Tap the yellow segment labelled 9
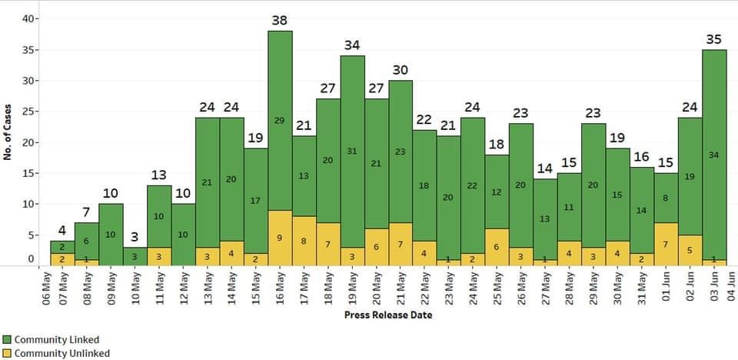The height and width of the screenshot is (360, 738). click(280, 238)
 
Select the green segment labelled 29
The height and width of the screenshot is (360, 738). click(280, 121)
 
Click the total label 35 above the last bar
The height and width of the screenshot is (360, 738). click(714, 39)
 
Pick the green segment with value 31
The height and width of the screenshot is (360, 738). click(352, 152)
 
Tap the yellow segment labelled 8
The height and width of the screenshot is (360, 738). click(304, 241)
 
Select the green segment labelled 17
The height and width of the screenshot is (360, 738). click(255, 200)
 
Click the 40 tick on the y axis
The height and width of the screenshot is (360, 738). click(28, 19)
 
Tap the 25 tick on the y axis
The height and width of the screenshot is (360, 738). click(28, 112)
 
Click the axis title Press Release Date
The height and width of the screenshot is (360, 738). click(387, 315)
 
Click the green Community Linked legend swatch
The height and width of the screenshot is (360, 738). click(7, 339)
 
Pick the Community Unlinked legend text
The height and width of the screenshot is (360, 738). click(61, 353)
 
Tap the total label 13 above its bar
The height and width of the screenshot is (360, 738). click(159, 175)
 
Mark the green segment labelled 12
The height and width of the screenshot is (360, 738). click(497, 192)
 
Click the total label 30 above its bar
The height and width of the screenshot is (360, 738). click(401, 70)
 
